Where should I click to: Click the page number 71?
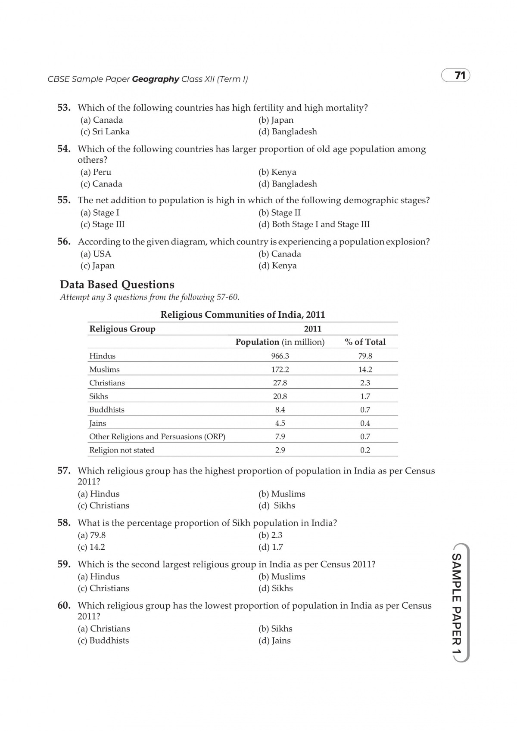(460, 76)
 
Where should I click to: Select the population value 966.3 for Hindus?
(280, 356)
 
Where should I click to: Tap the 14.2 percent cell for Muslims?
(365, 369)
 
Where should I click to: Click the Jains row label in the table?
(98, 423)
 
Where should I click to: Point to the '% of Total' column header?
(365, 342)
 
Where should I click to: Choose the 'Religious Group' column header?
(122, 329)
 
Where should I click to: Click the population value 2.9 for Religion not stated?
(280, 450)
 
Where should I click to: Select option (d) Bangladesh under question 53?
(287, 132)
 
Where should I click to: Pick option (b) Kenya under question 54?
(277, 172)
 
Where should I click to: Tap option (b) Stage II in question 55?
(280, 213)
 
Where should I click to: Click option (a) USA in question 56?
(96, 254)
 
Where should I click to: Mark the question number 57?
(64, 471)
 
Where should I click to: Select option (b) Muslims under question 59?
(282, 576)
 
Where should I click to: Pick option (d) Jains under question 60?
(274, 641)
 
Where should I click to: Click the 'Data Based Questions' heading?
(117, 285)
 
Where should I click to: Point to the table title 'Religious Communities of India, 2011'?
(243, 315)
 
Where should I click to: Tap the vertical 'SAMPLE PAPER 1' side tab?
(456, 603)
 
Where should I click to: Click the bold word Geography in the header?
(156, 79)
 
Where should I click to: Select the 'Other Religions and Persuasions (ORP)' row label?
(157, 437)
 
